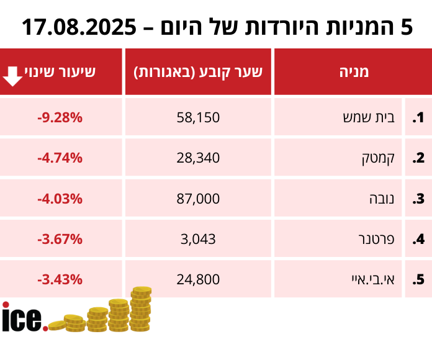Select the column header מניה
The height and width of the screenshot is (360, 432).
[354, 72]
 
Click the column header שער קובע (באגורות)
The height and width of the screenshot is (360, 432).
[198, 72]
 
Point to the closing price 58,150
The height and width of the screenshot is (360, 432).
[198, 117]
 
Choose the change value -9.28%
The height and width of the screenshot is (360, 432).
[60, 117]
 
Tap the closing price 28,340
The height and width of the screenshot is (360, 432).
[198, 158]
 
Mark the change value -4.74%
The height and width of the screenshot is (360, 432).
[60, 158]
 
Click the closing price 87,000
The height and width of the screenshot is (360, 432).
[198, 199]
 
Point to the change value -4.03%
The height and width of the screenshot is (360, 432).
[60, 199]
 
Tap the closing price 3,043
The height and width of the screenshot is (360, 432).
[198, 239]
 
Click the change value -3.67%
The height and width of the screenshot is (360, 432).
[60, 239]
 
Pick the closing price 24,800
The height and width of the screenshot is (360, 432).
[198, 279]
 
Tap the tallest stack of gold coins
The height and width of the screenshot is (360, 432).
[141, 308]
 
